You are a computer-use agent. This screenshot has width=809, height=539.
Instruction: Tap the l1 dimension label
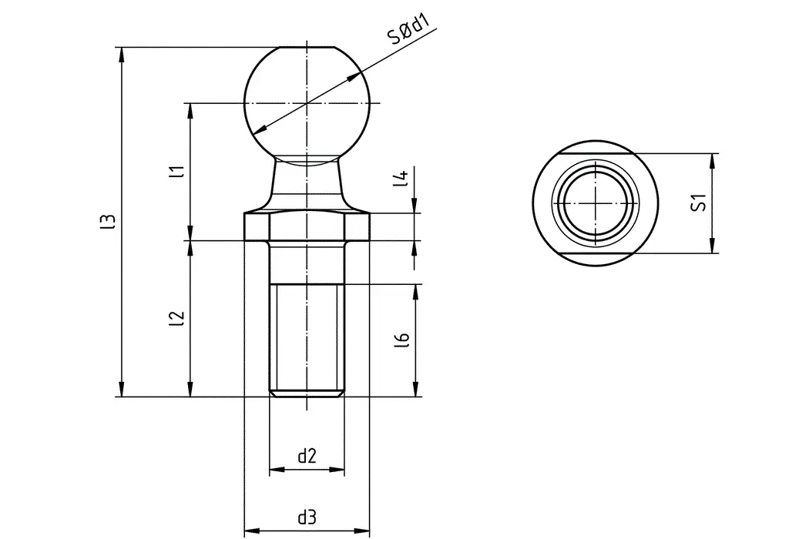(178, 172)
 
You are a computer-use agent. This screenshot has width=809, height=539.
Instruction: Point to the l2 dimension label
(178, 317)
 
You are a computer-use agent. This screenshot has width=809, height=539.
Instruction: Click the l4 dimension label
(401, 179)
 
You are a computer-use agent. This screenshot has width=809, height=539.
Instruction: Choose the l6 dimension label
(401, 340)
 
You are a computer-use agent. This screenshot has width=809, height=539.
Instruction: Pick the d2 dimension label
(307, 457)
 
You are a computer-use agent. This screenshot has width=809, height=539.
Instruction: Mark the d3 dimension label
(307, 517)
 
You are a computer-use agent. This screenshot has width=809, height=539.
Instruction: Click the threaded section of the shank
(307, 339)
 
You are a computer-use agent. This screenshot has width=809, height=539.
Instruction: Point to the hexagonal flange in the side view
(307, 226)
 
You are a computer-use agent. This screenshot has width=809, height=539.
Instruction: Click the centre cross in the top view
(597, 203)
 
